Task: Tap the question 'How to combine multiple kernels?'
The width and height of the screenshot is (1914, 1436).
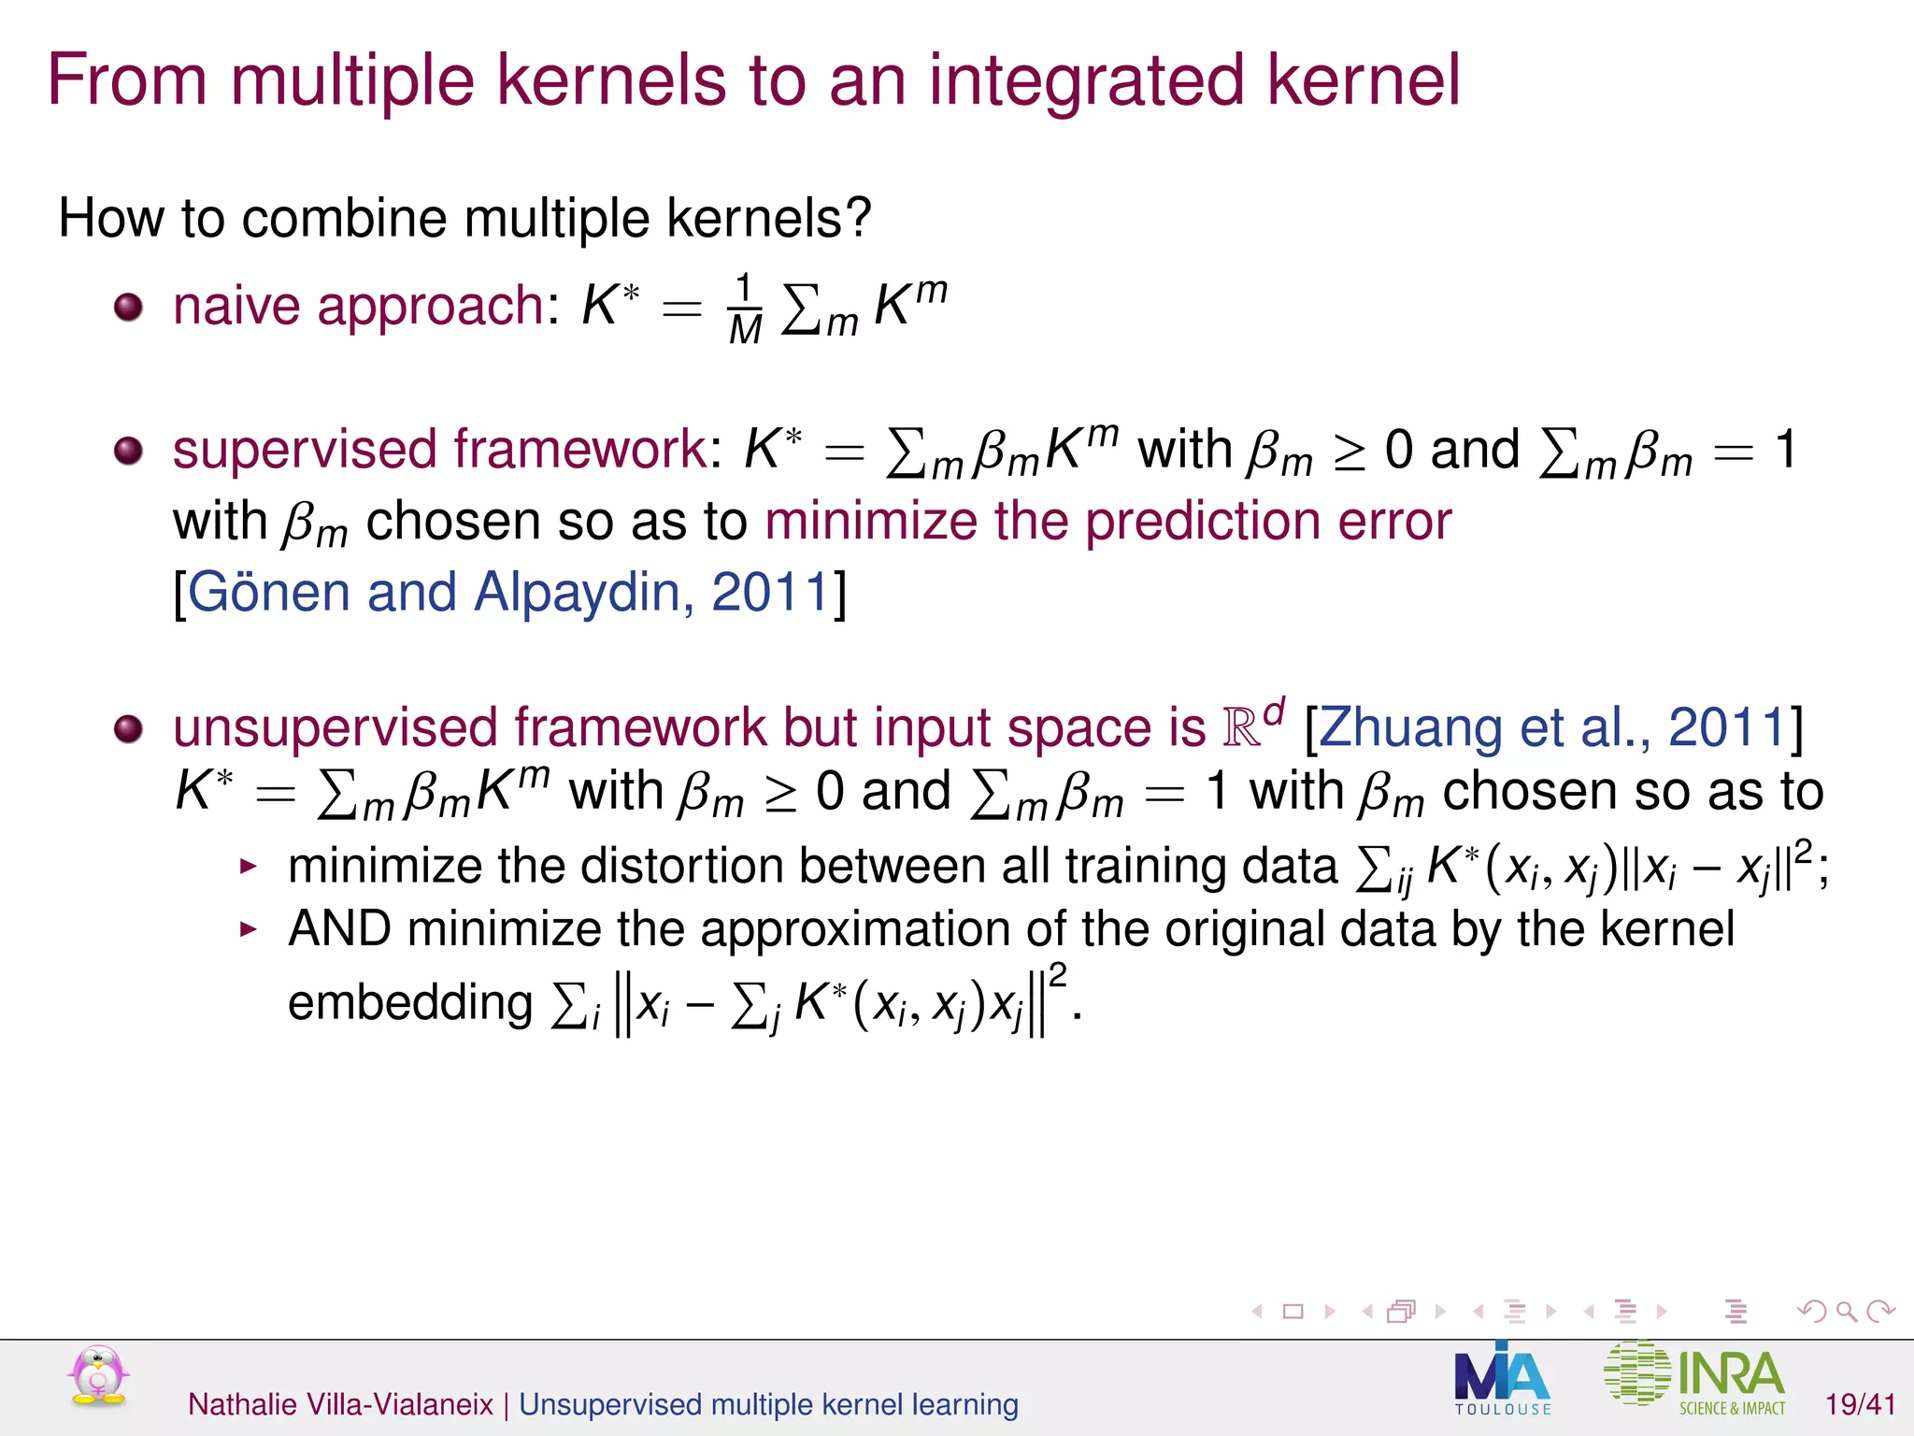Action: click(x=464, y=219)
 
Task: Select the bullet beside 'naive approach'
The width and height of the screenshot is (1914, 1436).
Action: click(x=128, y=307)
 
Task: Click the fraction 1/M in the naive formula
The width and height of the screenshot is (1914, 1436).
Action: click(x=745, y=309)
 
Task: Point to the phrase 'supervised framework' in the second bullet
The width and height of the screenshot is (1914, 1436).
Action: click(x=440, y=450)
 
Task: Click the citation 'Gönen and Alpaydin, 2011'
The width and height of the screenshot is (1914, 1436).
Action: click(x=508, y=593)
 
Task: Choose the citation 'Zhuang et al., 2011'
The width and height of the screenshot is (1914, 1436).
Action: click(x=1552, y=727)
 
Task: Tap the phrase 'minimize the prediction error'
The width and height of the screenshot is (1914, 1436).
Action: click(x=1108, y=521)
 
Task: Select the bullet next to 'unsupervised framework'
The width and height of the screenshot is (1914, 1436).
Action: click(x=128, y=728)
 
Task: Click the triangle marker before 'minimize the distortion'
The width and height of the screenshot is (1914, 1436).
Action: click(x=248, y=867)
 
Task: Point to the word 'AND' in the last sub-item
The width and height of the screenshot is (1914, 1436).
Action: click(x=339, y=929)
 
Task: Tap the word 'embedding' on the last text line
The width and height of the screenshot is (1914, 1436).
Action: click(x=409, y=1003)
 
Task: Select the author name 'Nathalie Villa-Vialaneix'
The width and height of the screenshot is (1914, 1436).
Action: click(x=340, y=1404)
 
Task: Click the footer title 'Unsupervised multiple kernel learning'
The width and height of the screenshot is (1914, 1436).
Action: click(x=768, y=1404)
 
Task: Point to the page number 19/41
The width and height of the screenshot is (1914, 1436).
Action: click(x=1860, y=1404)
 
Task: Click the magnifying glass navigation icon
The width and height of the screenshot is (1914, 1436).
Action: click(x=1846, y=1312)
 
